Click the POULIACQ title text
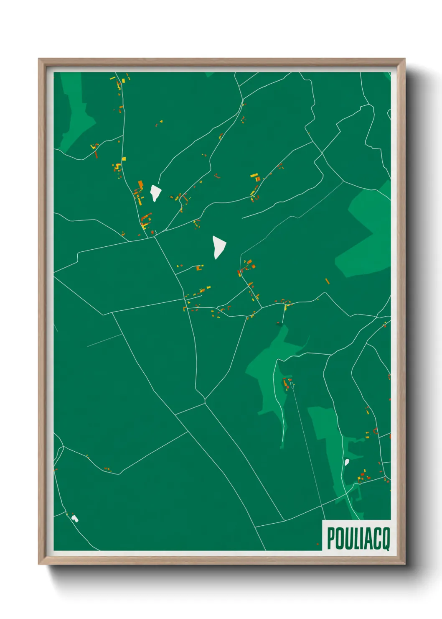click(358, 538)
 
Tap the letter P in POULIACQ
click(331, 539)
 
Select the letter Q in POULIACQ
click(386, 539)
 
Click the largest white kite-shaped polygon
click(218, 247)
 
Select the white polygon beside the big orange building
click(155, 193)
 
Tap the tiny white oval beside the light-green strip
click(346, 462)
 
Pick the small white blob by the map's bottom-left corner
click(75, 519)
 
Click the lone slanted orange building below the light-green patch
click(327, 281)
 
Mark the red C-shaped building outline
click(375, 431)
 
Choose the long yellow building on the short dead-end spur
click(285, 307)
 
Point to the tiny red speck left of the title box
click(318, 544)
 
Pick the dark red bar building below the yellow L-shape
click(96, 154)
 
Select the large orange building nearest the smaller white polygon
click(140, 184)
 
